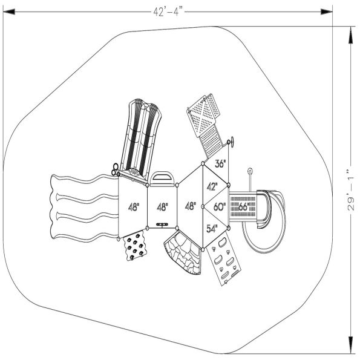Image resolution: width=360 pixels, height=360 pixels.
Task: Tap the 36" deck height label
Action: coord(220,163)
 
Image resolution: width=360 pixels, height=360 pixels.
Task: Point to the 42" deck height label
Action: coord(212,186)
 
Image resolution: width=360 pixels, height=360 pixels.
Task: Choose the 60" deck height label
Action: coord(219,206)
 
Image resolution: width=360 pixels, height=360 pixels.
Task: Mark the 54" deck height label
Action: coord(212,229)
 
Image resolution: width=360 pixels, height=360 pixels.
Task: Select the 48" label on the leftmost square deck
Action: coord(133,207)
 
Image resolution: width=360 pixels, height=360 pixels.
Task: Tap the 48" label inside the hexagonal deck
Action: coord(190,206)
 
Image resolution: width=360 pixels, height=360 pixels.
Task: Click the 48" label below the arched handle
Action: coord(162,207)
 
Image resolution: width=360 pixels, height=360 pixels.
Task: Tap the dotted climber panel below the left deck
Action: coord(136,247)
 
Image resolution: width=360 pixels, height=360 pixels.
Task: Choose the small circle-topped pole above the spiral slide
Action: coord(249,172)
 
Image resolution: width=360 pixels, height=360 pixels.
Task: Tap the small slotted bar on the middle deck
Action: coord(162,224)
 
